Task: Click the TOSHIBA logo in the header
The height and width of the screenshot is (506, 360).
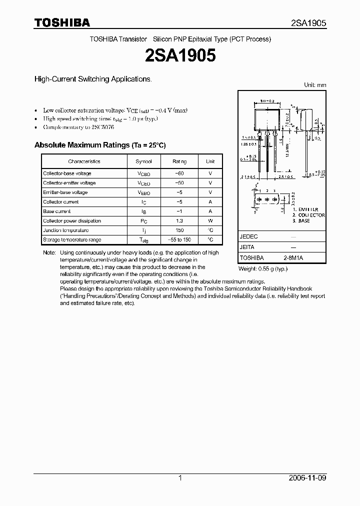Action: pos(62,22)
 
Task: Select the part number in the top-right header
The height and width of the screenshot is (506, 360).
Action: pos(308,23)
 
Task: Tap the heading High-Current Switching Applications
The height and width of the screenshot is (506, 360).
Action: pos(92,79)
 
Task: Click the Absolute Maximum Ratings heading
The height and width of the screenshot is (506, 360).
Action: pos(99,145)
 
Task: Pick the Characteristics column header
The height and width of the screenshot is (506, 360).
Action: pos(84,161)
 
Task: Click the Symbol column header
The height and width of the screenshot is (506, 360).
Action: pos(143,161)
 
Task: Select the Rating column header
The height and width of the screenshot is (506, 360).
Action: pos(179,161)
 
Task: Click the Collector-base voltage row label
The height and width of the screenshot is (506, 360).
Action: pos(67,173)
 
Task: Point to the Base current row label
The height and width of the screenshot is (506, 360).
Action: pos(57,211)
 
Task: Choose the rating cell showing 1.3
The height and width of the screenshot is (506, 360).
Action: pos(179,221)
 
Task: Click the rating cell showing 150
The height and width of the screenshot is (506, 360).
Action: pos(179,230)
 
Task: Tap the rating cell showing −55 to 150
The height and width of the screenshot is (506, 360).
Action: pos(179,240)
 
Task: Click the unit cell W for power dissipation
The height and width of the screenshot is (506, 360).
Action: pos(210,221)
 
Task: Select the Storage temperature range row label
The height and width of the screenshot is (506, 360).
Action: pos(72,240)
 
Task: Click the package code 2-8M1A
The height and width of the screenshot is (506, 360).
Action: pos(293,257)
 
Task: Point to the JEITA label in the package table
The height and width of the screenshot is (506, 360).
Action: pos(247,247)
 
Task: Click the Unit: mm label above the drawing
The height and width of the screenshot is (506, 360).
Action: pos(315,85)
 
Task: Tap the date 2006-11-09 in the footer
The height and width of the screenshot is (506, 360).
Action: pos(307,478)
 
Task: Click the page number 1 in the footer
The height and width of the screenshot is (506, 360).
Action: pos(180,478)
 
